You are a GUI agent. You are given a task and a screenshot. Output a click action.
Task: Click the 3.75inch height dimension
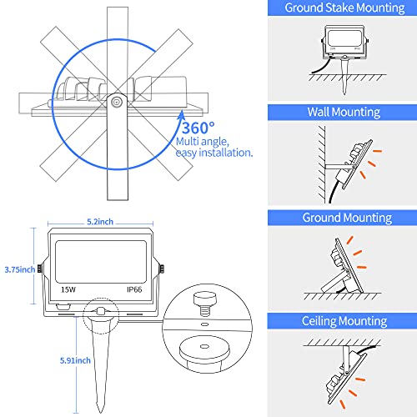[18, 269]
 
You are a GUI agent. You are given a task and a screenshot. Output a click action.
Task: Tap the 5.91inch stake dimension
[18, 361]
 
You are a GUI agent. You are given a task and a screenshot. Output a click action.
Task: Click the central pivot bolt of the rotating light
[118, 100]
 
